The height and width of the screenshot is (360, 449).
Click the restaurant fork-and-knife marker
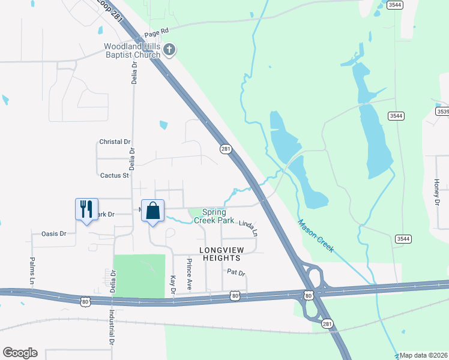click(x=85, y=209)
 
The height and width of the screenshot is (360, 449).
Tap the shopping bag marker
click(x=153, y=211)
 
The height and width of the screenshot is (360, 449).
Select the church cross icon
click(x=169, y=50)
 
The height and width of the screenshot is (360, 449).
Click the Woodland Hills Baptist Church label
click(x=132, y=50)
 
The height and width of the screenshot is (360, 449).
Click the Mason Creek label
click(x=315, y=236)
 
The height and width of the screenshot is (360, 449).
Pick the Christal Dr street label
click(x=114, y=142)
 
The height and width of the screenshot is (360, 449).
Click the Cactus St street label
click(x=114, y=176)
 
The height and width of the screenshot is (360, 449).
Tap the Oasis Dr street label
click(x=53, y=233)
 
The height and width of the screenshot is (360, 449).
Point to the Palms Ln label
click(x=32, y=271)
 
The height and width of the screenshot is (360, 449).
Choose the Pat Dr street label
click(x=237, y=272)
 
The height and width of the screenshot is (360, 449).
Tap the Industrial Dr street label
click(x=112, y=328)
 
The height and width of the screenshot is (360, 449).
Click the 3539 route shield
click(x=443, y=112)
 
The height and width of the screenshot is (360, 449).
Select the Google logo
click(x=20, y=353)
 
